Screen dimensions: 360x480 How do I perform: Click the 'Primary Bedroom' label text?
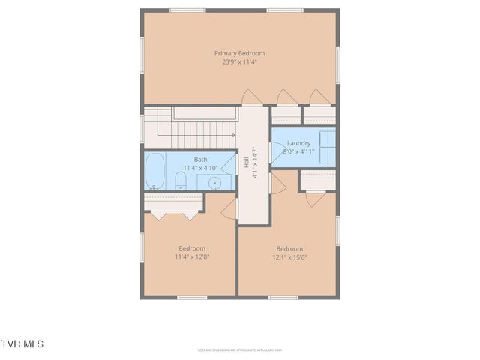coord(239,53)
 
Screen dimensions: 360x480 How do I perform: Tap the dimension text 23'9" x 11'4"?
coord(239,62)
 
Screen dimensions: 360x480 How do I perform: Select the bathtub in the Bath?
coord(156,172)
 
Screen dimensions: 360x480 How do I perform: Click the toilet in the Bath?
coord(180,181)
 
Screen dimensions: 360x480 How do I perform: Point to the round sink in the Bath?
coord(215,182)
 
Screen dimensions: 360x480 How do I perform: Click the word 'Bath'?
coord(200,159)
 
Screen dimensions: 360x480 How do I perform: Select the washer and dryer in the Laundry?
coord(327,142)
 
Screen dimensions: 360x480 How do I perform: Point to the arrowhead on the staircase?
coord(234,136)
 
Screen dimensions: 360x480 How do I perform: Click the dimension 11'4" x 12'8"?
coord(192,256)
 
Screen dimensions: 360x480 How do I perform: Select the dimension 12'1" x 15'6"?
coord(289,257)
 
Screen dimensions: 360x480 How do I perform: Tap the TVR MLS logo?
coord(22,343)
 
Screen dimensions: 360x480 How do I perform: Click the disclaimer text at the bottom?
coord(239,349)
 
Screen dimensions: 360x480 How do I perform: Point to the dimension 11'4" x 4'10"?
coord(200,167)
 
